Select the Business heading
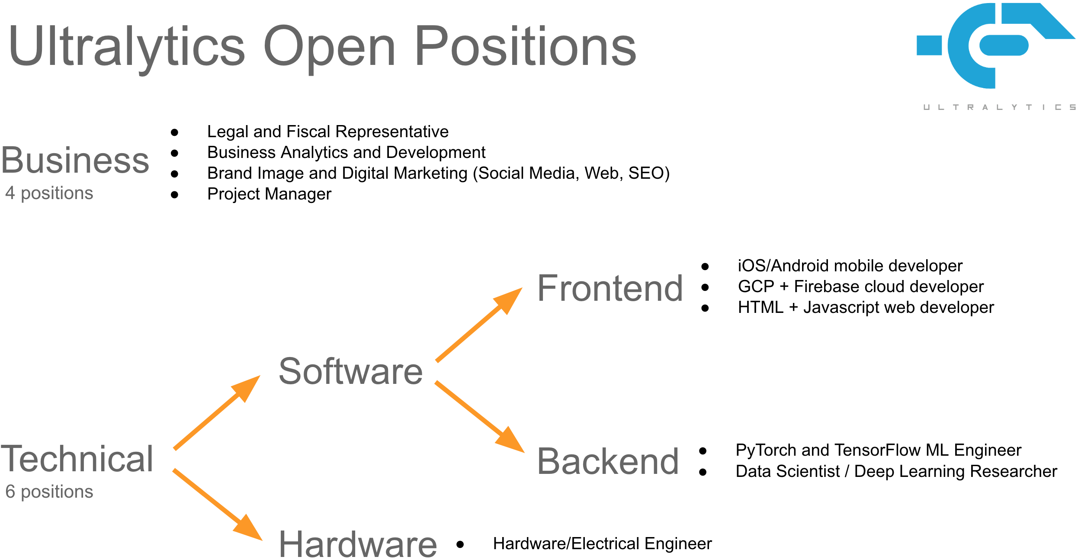tap(75, 161)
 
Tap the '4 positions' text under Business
tap(49, 193)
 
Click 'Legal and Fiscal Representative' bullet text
tap(328, 132)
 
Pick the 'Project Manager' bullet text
tap(269, 194)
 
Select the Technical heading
tap(77, 459)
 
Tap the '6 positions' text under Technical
tap(49, 492)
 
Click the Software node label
tap(351, 371)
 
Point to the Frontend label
tap(610, 288)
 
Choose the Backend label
tap(608, 461)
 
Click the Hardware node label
tap(358, 544)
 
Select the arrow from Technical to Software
tap(217, 412)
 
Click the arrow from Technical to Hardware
tap(218, 505)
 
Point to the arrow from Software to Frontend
tap(479, 325)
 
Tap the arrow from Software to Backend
tap(480, 417)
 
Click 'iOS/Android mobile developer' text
tap(850, 266)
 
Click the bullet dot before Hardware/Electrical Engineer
tap(460, 544)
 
